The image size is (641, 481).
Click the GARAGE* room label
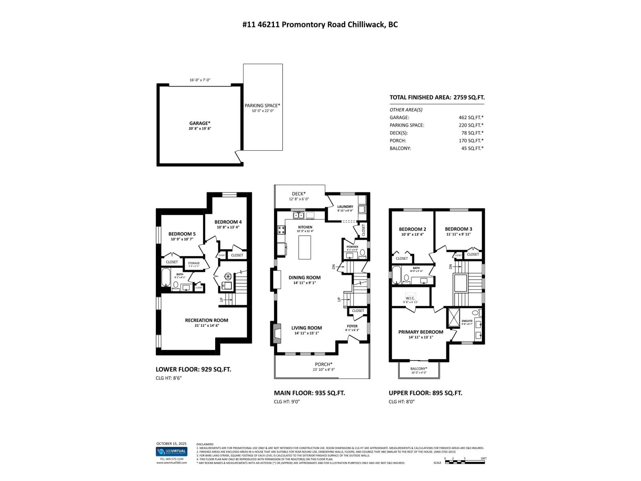[200, 123]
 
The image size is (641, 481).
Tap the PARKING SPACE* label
[262, 106]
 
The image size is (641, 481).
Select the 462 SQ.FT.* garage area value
[471, 117]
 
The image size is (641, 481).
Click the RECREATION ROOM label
[206, 320]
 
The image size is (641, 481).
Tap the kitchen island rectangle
[305, 248]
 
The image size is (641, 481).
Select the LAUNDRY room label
[345, 207]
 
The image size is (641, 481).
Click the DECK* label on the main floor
[299, 194]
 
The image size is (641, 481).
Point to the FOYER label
[352, 326]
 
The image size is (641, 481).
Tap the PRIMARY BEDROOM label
[421, 332]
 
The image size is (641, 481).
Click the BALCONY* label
[419, 369]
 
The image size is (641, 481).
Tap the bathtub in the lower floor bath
[166, 277]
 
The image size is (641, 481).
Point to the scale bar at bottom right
[465, 462]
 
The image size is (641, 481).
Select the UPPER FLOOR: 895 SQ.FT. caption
[425, 393]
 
